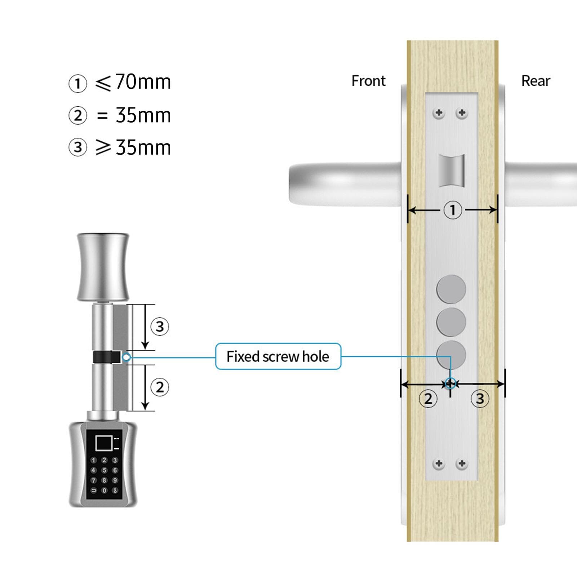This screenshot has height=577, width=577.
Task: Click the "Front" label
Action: (x=368, y=81)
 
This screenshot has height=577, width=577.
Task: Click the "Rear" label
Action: (x=536, y=81)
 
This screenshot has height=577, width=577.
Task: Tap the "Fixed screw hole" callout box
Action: (x=278, y=356)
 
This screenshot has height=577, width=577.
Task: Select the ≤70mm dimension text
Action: (x=133, y=82)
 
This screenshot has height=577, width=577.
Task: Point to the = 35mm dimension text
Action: (x=134, y=115)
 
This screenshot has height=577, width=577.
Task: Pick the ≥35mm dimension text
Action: (x=133, y=147)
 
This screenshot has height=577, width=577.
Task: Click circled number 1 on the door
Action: (x=453, y=210)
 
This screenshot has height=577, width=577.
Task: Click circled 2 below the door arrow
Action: (x=428, y=399)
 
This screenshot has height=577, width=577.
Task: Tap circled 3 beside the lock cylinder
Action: (x=160, y=327)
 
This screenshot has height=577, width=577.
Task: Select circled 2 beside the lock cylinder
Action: (x=160, y=387)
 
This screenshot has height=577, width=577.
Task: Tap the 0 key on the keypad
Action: (x=104, y=491)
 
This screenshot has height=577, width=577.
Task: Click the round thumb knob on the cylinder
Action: (x=103, y=267)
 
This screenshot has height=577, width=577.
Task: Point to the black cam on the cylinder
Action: (x=107, y=357)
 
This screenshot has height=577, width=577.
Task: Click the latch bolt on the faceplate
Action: (x=451, y=171)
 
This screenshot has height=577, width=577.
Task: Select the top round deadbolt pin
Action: (x=451, y=289)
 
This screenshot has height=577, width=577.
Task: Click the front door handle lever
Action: (x=345, y=184)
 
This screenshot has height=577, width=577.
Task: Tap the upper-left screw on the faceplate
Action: (x=439, y=113)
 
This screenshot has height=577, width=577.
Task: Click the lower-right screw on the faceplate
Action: (x=462, y=463)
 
